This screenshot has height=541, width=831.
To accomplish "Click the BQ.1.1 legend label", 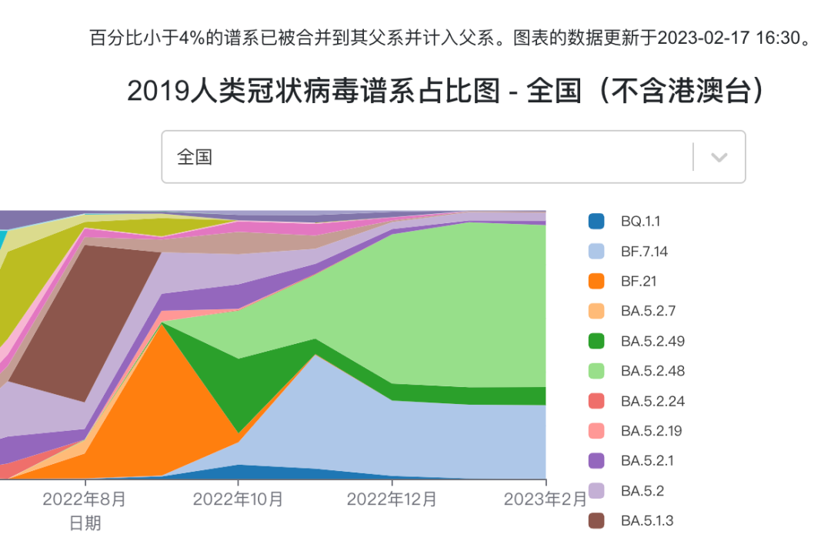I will tap(640, 222).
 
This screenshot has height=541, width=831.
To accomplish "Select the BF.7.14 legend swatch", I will tap(596, 252).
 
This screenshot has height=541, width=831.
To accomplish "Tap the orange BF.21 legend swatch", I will tap(596, 282).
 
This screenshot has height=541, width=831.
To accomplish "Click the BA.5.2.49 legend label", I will tap(652, 342).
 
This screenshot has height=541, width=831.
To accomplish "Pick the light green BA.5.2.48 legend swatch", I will tap(596, 371).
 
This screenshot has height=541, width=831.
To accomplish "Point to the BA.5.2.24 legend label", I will tap(652, 402).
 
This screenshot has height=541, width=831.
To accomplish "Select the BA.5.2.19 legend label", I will tap(651, 431).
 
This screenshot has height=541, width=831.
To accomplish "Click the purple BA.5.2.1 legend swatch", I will tap(596, 461).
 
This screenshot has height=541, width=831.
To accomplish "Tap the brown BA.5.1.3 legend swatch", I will tap(596, 521).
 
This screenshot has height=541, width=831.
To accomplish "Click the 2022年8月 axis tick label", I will tap(84, 499).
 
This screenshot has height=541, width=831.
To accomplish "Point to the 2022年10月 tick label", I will tap(238, 499).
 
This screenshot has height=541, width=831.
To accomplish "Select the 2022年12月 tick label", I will tap(392, 499).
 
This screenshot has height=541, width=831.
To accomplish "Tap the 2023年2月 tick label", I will tap(545, 499).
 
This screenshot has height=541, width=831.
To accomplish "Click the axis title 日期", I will tap(85, 524).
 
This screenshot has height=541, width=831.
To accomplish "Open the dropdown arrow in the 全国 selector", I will tap(719, 157).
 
